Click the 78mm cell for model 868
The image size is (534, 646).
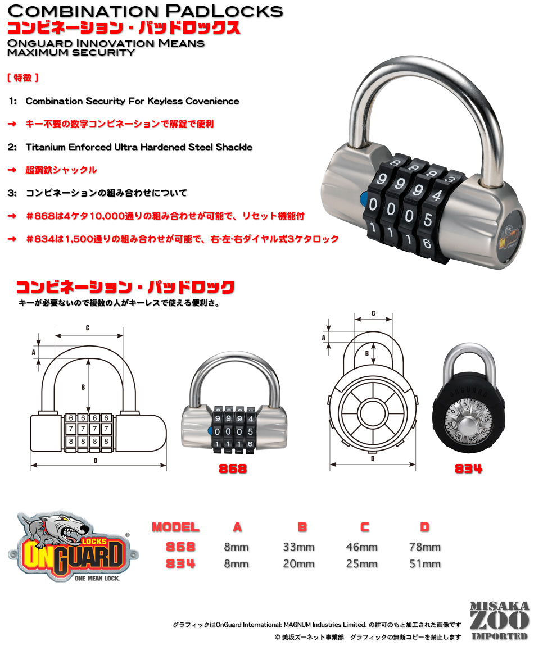tap(424, 547)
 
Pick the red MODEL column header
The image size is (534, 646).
tap(175, 527)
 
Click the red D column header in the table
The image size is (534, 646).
tap(424, 527)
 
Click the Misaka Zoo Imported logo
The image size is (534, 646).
tap(499, 620)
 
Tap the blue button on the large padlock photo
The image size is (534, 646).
tap(362, 199)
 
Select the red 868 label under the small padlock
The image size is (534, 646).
tap(232, 468)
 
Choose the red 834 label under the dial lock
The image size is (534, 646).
tap(468, 468)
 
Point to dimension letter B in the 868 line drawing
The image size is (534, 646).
tap(83, 387)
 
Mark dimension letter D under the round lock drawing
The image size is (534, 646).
tap(373, 458)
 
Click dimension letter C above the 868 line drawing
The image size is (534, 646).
tap(88, 327)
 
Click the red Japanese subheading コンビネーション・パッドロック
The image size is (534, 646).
tap(125, 288)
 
